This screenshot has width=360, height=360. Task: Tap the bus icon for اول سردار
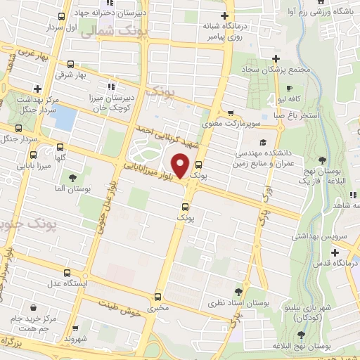[61, 16]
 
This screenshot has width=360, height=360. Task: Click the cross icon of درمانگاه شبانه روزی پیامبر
[224, 15]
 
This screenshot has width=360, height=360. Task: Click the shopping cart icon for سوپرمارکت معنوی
[231, 112]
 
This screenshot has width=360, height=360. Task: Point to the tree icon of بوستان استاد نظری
[239, 290]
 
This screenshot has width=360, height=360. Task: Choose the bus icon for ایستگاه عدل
[67, 273]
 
